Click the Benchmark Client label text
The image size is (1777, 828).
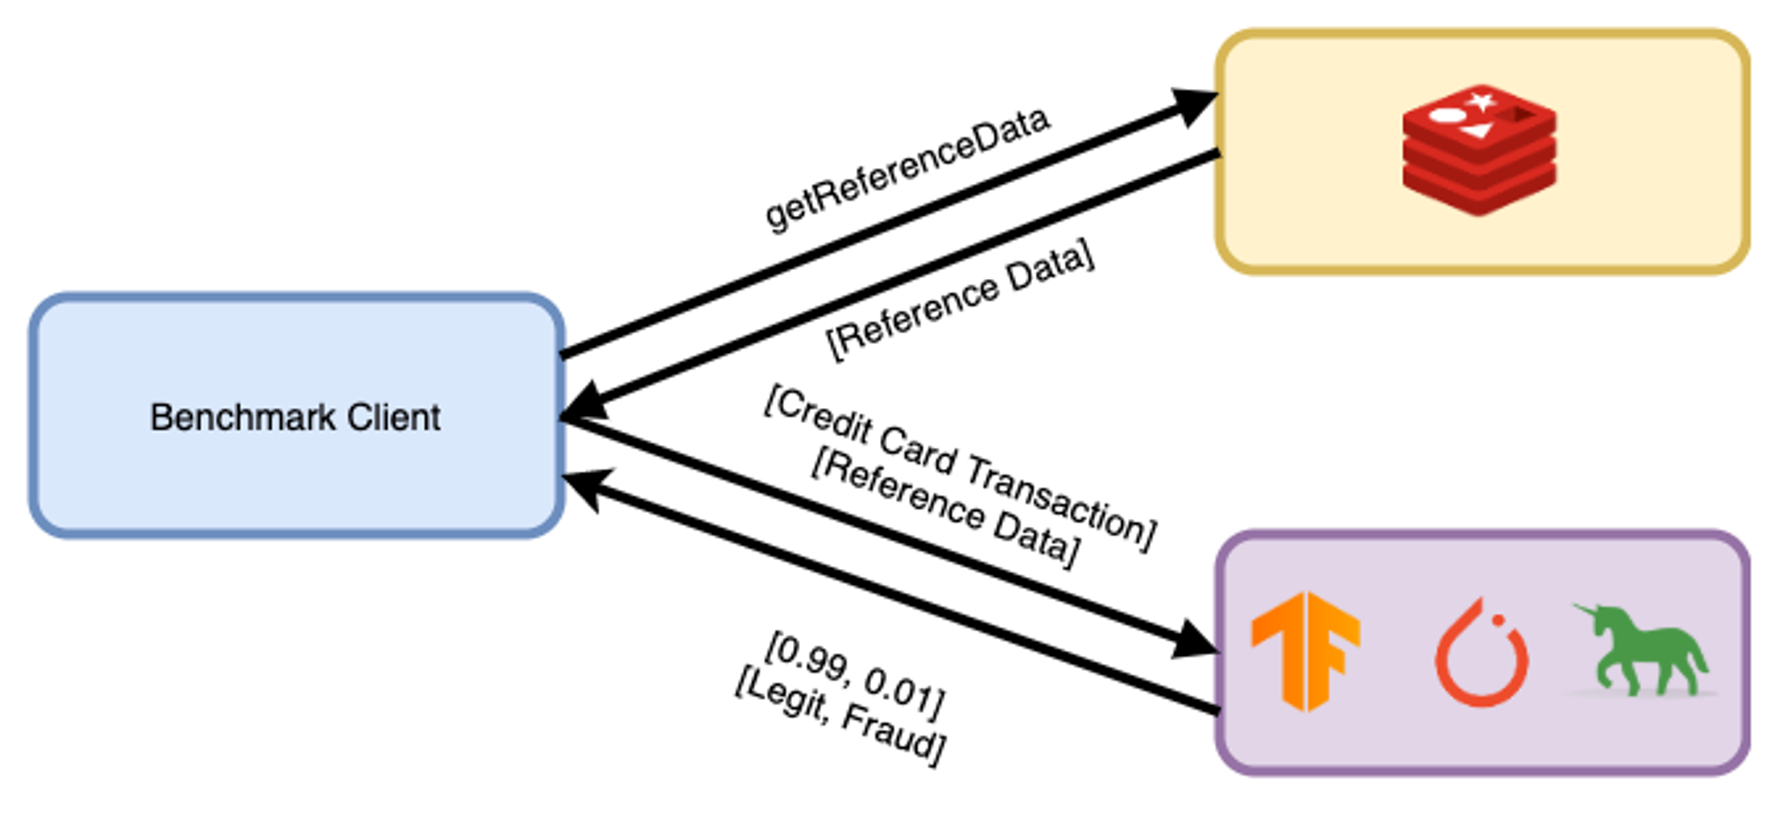(x=295, y=417)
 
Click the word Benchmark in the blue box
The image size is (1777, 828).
(x=243, y=417)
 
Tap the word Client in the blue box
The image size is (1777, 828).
(x=394, y=417)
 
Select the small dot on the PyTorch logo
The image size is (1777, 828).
(x=1498, y=620)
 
